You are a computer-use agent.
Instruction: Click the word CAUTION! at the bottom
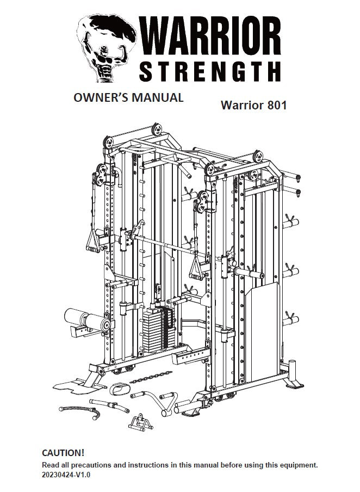click(63, 453)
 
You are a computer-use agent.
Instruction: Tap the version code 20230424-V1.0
click(66, 474)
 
